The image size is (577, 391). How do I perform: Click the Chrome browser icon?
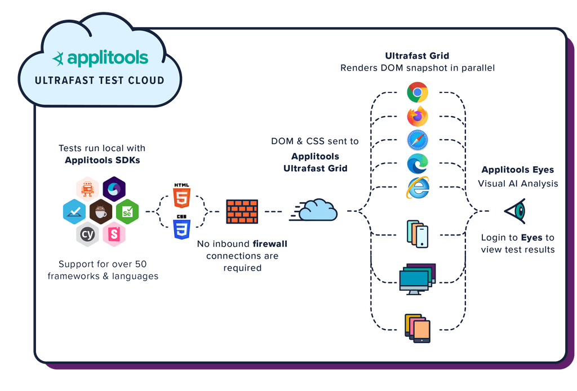(x=418, y=92)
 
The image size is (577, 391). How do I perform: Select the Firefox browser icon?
(x=418, y=117)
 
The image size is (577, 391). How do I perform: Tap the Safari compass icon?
(x=418, y=140)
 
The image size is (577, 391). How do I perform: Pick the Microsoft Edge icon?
(x=418, y=164)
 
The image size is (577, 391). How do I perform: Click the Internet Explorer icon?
(x=418, y=188)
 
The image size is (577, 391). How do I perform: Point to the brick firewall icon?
(x=242, y=212)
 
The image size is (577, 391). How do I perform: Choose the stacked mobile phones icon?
(x=417, y=234)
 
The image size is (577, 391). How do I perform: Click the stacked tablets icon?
(x=418, y=328)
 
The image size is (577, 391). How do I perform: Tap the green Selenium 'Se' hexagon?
(x=127, y=212)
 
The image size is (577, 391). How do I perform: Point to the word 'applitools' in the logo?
(x=108, y=58)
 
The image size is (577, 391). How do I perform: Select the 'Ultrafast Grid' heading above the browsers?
(x=417, y=56)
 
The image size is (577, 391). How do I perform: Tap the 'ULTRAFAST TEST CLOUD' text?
(x=100, y=81)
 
